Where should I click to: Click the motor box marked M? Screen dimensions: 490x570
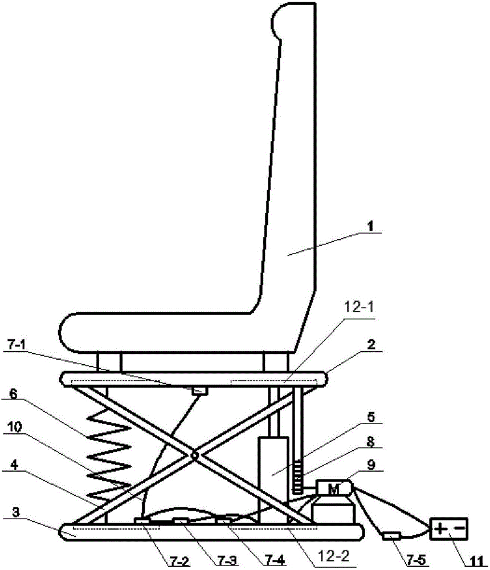[334, 488]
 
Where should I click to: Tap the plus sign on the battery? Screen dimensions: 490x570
[440, 528]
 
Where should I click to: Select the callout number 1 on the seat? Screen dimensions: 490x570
[370, 226]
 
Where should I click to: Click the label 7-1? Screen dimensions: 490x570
[17, 344]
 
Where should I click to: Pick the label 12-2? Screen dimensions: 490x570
[333, 555]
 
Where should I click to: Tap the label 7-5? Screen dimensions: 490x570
[416, 560]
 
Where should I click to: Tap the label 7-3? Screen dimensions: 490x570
[227, 560]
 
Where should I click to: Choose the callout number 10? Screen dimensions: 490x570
[15, 427]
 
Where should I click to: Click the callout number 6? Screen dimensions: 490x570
[13, 394]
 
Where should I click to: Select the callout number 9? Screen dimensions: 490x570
[371, 465]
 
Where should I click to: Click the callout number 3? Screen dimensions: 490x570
[15, 512]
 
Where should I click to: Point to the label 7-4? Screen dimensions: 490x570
[275, 560]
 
